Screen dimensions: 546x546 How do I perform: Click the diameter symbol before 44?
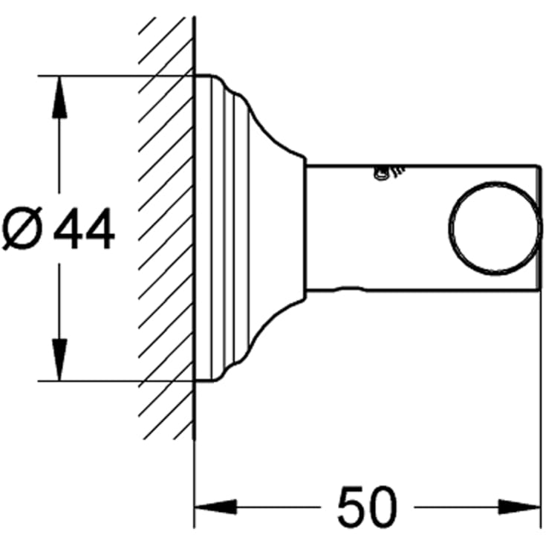[x=22, y=228]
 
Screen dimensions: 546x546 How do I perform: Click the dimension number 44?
[x=84, y=228]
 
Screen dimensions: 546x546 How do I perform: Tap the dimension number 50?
[x=367, y=507]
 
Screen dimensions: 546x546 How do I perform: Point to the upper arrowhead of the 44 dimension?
[x=59, y=97]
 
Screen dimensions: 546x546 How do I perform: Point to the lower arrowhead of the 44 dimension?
[x=59, y=360]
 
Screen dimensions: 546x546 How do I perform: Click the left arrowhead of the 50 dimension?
[x=216, y=507]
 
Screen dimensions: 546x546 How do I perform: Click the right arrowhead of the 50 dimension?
[x=519, y=507]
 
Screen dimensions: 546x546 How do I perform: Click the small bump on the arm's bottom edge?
[x=349, y=288]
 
